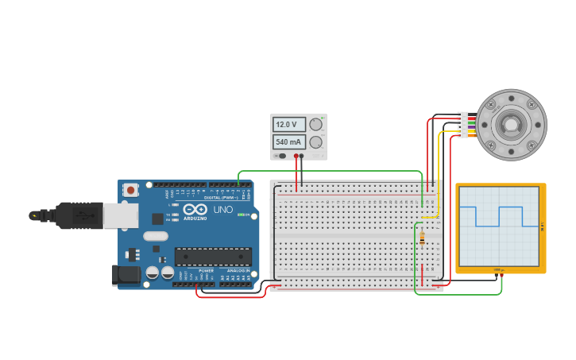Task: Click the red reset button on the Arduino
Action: coord(130,191)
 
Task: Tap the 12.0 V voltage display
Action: coord(288,125)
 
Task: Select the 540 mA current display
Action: coord(288,142)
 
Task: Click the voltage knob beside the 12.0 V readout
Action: coord(316,124)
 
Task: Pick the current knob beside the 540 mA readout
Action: coord(316,142)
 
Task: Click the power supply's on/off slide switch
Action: coord(280,156)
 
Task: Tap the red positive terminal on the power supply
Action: coord(296,156)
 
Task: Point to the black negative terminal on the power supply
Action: coord(302,156)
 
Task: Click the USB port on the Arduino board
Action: coord(120,215)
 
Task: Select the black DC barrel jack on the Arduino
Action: coord(124,275)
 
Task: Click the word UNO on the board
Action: coord(222,211)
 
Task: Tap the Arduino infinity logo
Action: coord(195,211)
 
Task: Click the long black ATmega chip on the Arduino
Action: coord(213,257)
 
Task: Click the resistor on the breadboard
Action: coord(422,238)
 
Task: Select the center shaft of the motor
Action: coord(508,125)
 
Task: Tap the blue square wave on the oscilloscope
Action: coord(499,216)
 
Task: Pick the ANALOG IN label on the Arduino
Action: coord(238,271)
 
